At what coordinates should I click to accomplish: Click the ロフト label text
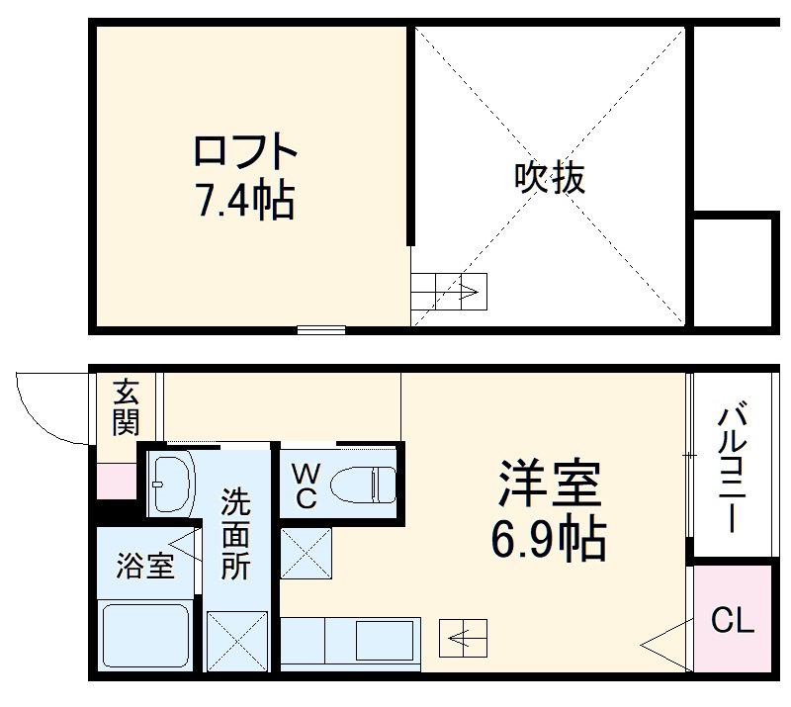pos(244,153)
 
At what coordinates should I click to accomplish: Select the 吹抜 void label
pos(550,178)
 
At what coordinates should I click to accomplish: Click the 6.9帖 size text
pos(548,539)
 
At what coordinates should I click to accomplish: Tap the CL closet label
pos(733,622)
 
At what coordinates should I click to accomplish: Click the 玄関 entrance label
pos(127,406)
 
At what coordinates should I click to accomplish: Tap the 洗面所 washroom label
pos(235,535)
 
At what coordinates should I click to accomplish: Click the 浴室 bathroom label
pos(145,567)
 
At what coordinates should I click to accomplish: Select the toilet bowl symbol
pos(362,486)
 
